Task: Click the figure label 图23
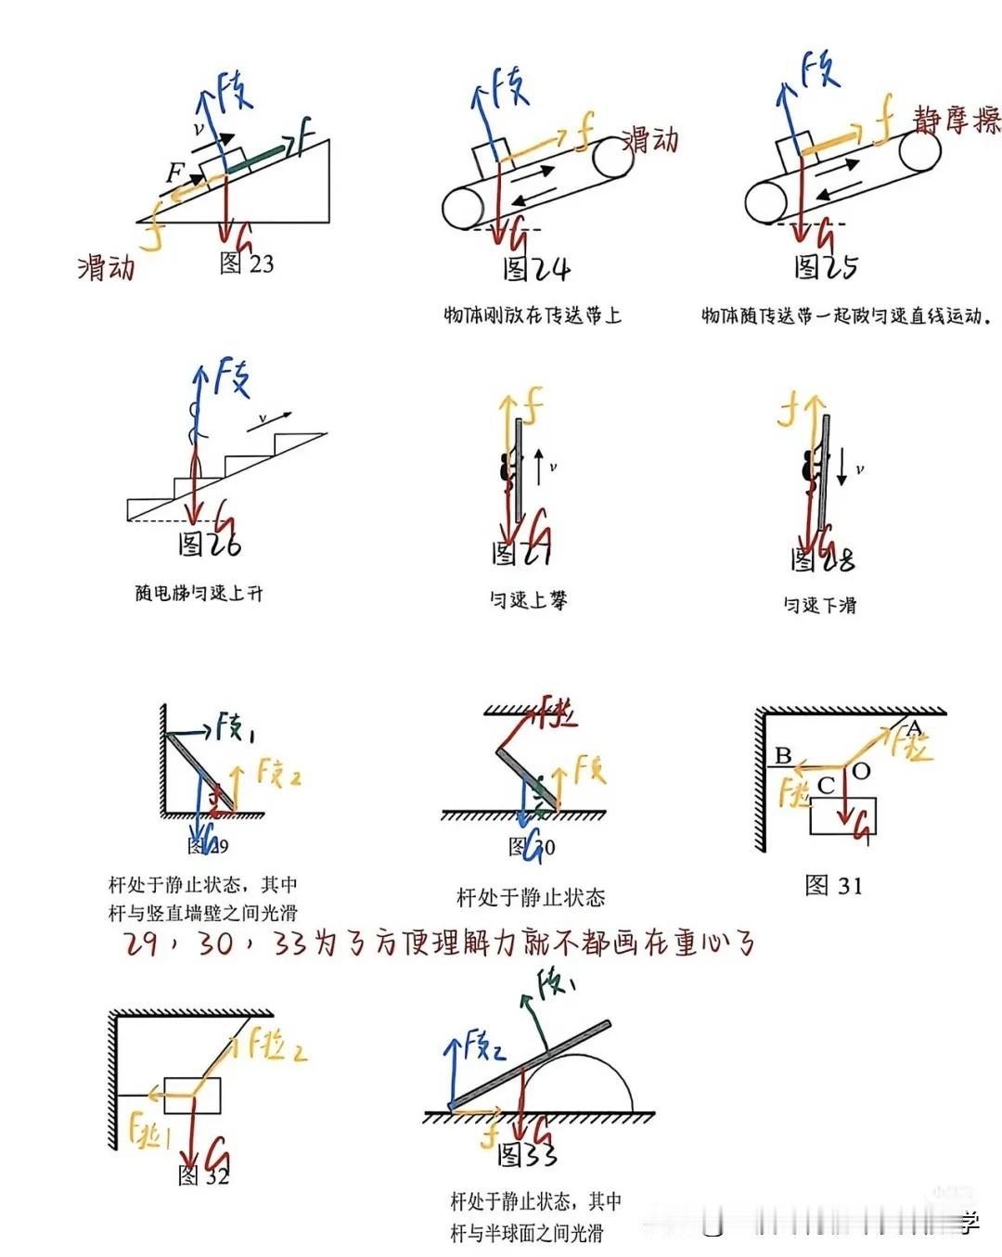click(x=247, y=263)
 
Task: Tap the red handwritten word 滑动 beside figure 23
click(x=106, y=268)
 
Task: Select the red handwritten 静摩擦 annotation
click(x=956, y=121)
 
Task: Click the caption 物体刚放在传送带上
click(x=532, y=315)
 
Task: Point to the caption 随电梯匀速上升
click(x=199, y=593)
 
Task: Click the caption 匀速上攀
click(x=528, y=600)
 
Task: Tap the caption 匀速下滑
click(x=819, y=606)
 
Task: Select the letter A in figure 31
click(x=915, y=726)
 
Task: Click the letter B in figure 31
click(x=783, y=755)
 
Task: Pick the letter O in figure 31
click(x=861, y=771)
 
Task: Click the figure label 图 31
click(x=833, y=886)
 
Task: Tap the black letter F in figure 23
click(x=174, y=172)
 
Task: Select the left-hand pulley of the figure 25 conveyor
click(x=766, y=202)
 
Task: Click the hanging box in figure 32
click(x=192, y=1096)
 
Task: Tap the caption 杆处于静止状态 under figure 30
click(x=531, y=897)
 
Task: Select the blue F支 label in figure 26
click(x=232, y=377)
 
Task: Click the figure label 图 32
click(x=203, y=1175)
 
